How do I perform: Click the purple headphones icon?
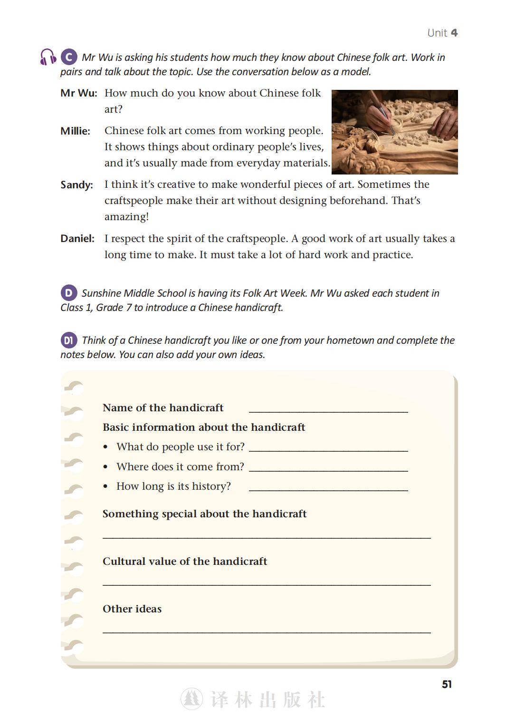click(x=48, y=57)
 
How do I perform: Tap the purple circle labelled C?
click(x=69, y=57)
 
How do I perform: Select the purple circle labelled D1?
click(x=69, y=340)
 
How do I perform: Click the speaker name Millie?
click(x=75, y=131)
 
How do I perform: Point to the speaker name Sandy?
click(x=76, y=185)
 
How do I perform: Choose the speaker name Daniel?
click(x=77, y=239)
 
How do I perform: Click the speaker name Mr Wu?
click(x=78, y=93)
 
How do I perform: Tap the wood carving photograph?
click(x=394, y=132)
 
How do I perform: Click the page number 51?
click(x=447, y=684)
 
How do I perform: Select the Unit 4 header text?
click(x=442, y=33)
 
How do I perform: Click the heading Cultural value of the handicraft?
click(x=185, y=562)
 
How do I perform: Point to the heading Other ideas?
click(x=132, y=609)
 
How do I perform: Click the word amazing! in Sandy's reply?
click(x=126, y=217)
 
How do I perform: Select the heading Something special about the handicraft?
click(x=204, y=514)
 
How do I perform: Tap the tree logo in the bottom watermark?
click(x=191, y=699)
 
